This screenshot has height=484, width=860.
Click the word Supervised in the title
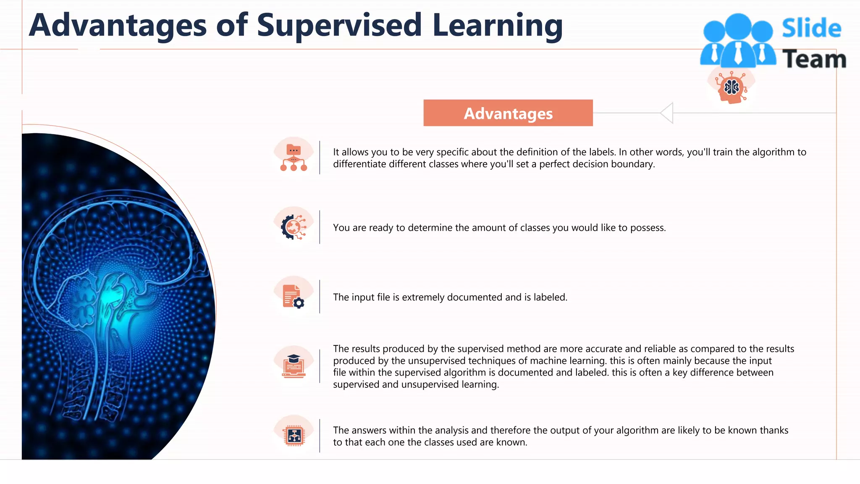point(339,25)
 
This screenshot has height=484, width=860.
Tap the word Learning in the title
point(497,25)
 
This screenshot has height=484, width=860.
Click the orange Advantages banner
point(508,113)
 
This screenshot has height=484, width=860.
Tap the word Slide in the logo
point(811,28)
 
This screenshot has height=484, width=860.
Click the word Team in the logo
point(814,59)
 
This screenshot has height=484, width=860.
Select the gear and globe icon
point(294,227)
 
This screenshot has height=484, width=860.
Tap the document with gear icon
point(294,297)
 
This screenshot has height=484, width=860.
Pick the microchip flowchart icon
point(294,436)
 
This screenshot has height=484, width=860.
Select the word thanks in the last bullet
point(774,430)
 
